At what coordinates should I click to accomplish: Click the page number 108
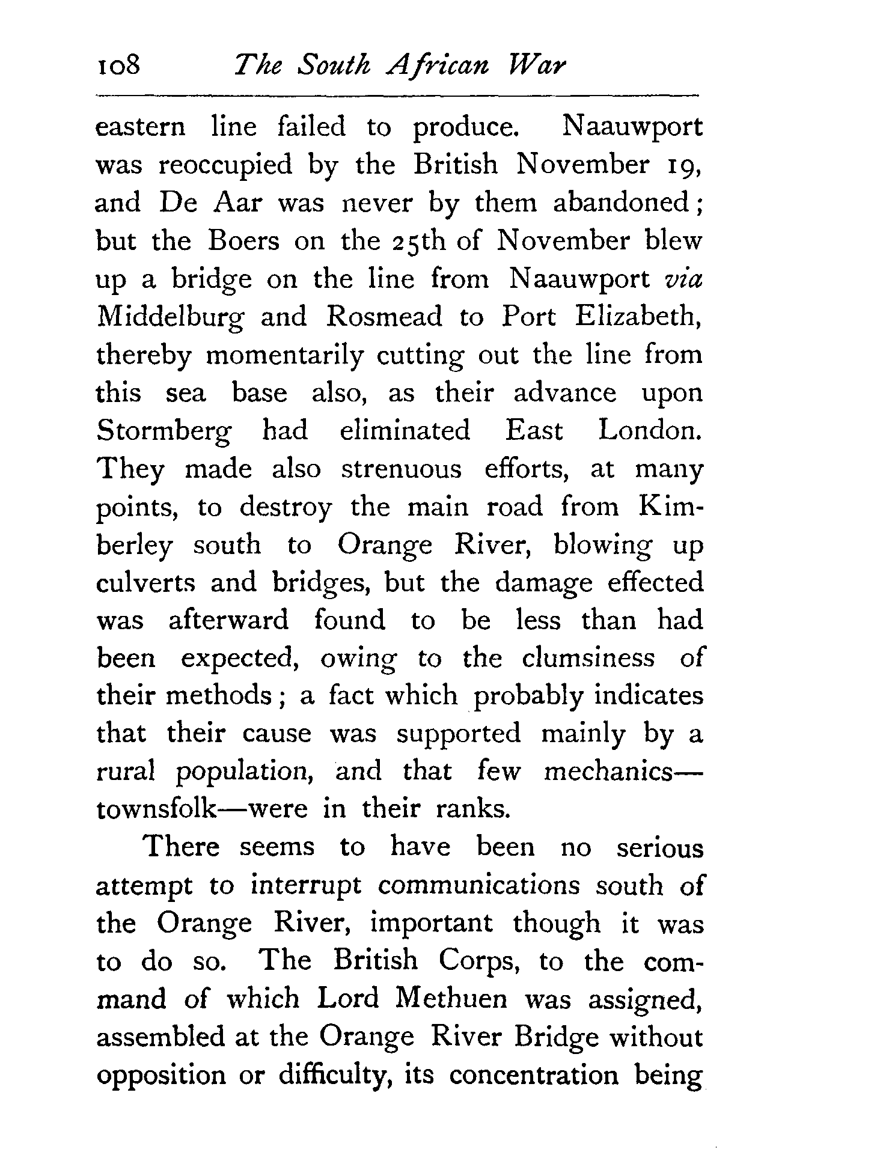click(x=118, y=65)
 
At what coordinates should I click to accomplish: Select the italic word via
click(x=685, y=279)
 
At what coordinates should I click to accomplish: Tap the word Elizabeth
click(x=639, y=317)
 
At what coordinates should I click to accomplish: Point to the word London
click(x=650, y=430)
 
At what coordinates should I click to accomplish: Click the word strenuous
click(x=402, y=469)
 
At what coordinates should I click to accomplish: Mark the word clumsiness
click(x=588, y=658)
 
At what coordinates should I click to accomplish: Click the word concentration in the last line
click(x=534, y=1076)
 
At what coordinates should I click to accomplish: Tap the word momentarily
click(x=285, y=356)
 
